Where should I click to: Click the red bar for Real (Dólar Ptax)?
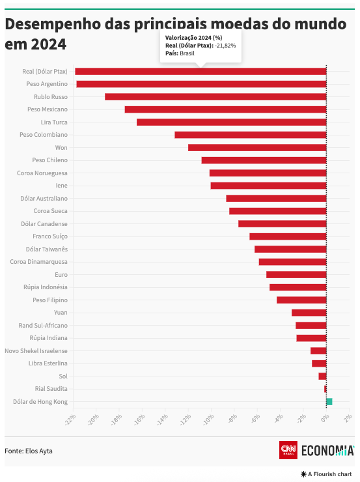click(x=201, y=71)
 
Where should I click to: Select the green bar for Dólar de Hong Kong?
click(x=329, y=401)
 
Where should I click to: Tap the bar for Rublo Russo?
click(x=215, y=96)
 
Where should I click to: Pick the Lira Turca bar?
click(x=231, y=122)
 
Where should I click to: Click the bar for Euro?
click(x=296, y=274)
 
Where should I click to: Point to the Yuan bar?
click(x=309, y=313)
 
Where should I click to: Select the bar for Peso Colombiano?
click(x=251, y=135)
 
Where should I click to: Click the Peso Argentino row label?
click(x=47, y=84)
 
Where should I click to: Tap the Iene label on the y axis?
click(x=61, y=186)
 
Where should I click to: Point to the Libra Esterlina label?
click(x=48, y=363)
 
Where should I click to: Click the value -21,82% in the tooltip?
click(x=225, y=46)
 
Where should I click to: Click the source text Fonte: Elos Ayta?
click(x=29, y=450)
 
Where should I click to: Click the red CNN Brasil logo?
click(x=288, y=450)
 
